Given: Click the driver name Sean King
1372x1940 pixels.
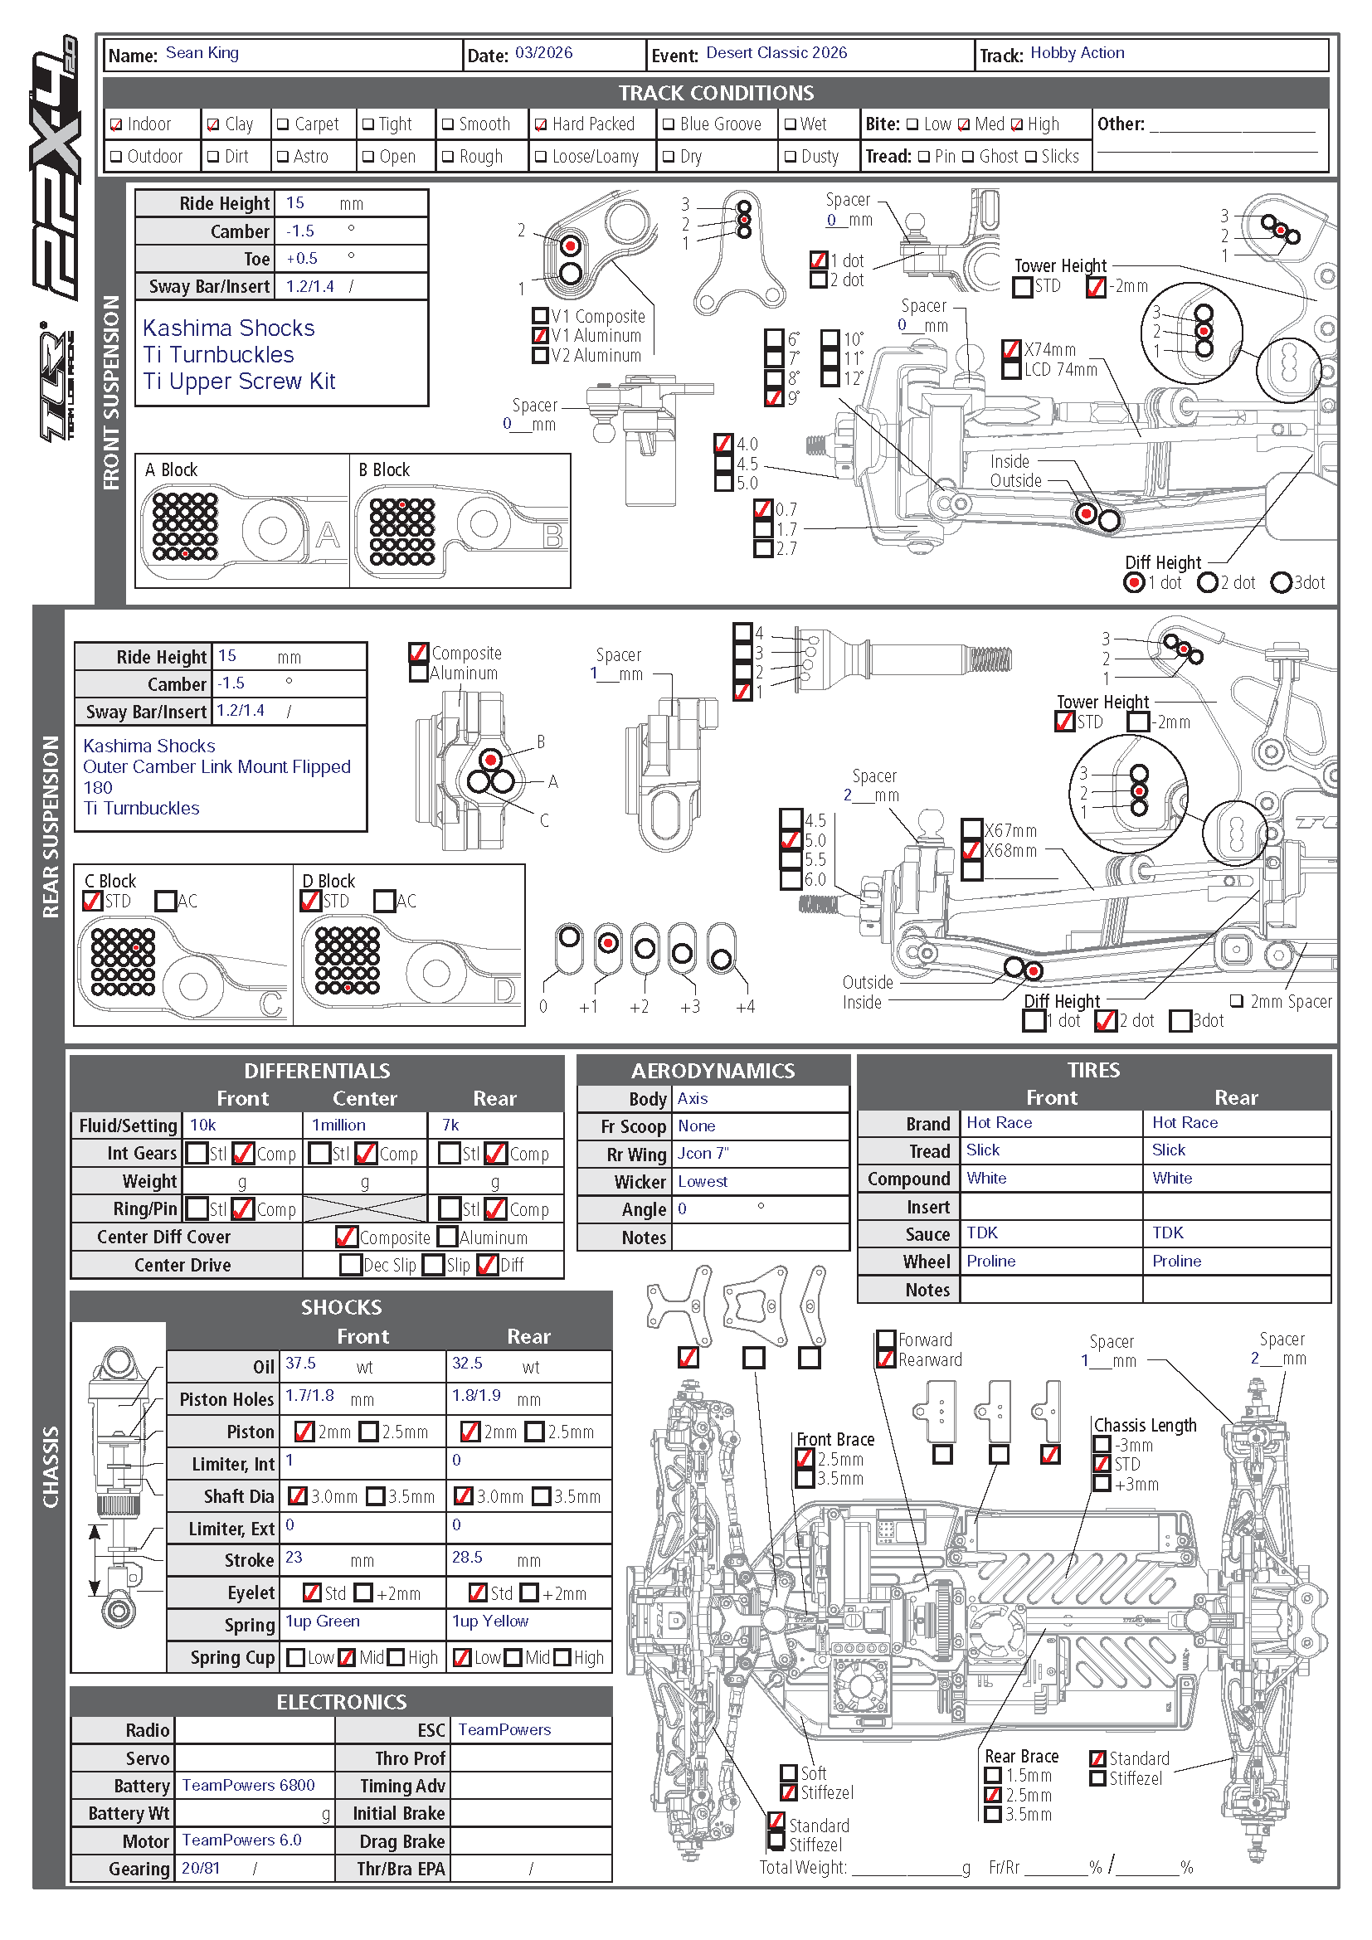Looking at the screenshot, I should (x=202, y=53).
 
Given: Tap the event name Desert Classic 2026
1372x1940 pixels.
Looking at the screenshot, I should (x=776, y=53).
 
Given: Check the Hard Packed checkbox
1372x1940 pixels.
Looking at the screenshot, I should (x=541, y=125).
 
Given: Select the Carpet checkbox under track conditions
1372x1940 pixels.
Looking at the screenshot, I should (x=283, y=125).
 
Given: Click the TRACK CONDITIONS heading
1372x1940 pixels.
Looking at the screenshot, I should (x=716, y=93).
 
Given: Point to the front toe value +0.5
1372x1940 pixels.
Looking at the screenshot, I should (x=302, y=259).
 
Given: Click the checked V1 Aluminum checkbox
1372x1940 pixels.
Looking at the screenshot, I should (x=541, y=335).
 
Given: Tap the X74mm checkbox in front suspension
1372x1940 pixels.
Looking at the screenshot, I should (x=1011, y=348).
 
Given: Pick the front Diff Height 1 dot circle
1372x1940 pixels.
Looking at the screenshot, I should (x=1134, y=582).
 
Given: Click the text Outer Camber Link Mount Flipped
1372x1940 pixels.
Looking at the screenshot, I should (x=217, y=766).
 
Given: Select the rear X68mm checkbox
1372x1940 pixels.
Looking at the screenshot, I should (x=972, y=849).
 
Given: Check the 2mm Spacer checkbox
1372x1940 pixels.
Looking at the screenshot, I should (x=1237, y=1000).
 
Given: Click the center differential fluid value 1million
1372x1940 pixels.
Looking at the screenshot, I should (x=338, y=1125).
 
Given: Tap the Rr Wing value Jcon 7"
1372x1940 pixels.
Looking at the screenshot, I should (x=703, y=1154).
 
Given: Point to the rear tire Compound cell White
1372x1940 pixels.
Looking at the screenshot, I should (x=1172, y=1178).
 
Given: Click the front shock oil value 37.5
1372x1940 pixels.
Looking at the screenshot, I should (x=300, y=1363).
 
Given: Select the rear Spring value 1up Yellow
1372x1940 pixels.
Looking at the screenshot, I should (x=490, y=1621).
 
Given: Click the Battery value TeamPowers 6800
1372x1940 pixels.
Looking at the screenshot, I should (x=248, y=1785).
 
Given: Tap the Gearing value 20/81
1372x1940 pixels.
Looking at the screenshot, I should (x=200, y=1867).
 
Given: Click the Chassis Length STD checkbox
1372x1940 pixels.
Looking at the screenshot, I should (x=1102, y=1463).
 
